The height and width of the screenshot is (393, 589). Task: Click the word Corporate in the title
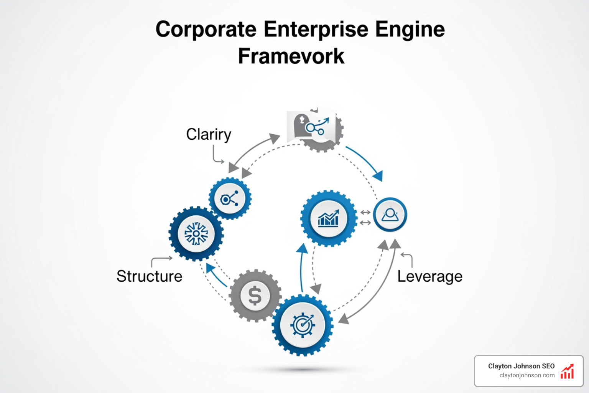[x=206, y=30]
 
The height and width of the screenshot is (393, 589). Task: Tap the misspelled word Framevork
[x=291, y=56]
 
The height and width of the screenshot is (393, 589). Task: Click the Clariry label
[x=209, y=135]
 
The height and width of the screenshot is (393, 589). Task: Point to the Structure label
[x=149, y=276]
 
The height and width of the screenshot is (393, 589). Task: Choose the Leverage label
[x=429, y=276]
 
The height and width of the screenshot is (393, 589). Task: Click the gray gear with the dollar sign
[x=255, y=296]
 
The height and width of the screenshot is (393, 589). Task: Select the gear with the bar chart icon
[x=328, y=218]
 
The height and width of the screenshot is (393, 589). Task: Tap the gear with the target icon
[x=303, y=325]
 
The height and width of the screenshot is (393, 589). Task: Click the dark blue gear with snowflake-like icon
[x=196, y=233]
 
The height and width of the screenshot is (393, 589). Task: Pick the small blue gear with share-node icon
[x=230, y=198]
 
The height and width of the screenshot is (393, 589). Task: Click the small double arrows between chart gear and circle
[x=365, y=217]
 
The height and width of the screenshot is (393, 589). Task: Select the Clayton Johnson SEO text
[x=521, y=366]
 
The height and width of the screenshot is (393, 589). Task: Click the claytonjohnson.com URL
[x=527, y=375]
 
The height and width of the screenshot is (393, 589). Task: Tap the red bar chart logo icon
[x=567, y=372]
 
